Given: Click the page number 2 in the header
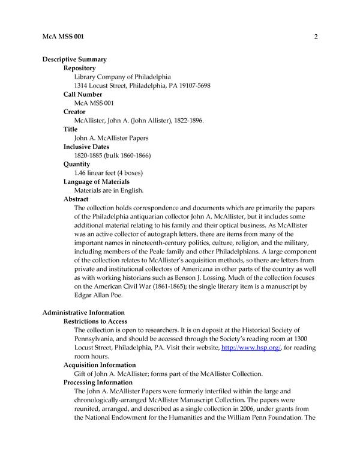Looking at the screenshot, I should pyautogui.click(x=315, y=37).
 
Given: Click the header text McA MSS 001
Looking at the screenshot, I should pyautogui.click(x=64, y=37).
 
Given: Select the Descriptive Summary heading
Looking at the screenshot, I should pyautogui.click(x=74, y=59).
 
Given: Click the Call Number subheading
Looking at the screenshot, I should pyautogui.click(x=83, y=94).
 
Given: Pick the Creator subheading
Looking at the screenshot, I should pyautogui.click(x=74, y=112).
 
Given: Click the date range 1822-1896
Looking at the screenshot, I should pyautogui.click(x=186, y=121).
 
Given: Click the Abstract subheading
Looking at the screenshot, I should pyautogui.click(x=76, y=199).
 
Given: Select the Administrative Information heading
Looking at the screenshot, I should pyautogui.click(x=83, y=312).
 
